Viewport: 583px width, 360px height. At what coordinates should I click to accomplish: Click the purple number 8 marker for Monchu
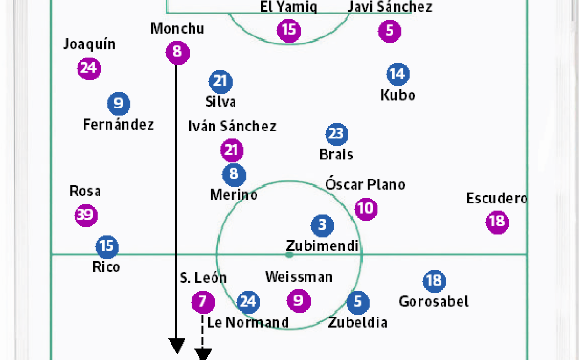[x=177, y=51]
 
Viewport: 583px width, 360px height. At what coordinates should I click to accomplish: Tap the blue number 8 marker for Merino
[x=234, y=174]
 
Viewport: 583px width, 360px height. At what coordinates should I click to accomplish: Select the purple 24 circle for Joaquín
[x=89, y=69]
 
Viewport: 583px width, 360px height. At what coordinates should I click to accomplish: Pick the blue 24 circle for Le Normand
[x=248, y=302]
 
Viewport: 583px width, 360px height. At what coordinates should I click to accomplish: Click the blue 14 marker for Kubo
[x=398, y=74]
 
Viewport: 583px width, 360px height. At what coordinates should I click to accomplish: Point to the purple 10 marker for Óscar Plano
[x=366, y=209]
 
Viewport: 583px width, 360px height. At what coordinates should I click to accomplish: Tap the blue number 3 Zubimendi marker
[x=322, y=225]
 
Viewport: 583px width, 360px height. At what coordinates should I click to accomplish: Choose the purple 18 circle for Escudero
[x=497, y=221]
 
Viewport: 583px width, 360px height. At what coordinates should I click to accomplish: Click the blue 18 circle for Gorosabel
[x=434, y=281]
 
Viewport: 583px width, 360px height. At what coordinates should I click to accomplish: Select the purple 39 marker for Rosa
[x=86, y=216]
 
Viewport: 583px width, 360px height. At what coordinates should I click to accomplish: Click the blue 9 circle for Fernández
[x=119, y=103]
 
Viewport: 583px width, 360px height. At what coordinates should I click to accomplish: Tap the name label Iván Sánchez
[x=232, y=126]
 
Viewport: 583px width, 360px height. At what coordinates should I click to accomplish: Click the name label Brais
[x=336, y=154]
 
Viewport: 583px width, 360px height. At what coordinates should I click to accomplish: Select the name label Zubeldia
[x=357, y=322]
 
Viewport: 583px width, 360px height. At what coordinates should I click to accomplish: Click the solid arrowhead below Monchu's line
[x=177, y=346]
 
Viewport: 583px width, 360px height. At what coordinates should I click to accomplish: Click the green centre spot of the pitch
[x=290, y=255]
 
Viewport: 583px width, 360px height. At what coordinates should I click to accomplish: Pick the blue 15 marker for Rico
[x=107, y=246]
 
